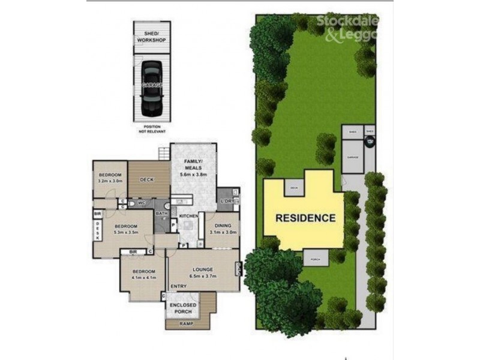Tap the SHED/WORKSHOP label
coord(151,37)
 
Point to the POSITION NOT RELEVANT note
coord(151,129)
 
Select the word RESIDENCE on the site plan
coord(305,218)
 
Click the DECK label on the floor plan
coord(148,179)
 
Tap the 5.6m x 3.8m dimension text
coord(193,175)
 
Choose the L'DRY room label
coord(227,200)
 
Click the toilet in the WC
coord(131,204)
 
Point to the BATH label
coord(161,214)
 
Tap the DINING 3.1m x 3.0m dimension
coord(223,232)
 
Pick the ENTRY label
coord(179,286)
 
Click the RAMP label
coord(188,323)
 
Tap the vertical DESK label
coord(98,228)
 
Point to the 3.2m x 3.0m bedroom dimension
coord(110,180)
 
